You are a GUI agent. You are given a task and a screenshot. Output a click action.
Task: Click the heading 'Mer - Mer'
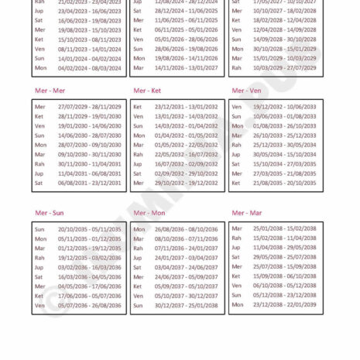pyautogui.click(x=50, y=90)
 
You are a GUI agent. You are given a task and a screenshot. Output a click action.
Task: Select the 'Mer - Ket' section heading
pyautogui.click(x=147, y=90)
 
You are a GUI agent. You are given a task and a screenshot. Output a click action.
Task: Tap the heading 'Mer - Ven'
pyautogui.click(x=245, y=90)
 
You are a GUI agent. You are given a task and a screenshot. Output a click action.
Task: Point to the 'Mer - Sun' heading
pyautogui.click(x=50, y=212)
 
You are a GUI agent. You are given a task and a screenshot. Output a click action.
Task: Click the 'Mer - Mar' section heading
pyautogui.click(x=246, y=212)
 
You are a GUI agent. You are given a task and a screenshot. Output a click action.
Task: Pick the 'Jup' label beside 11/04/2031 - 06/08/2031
pyautogui.click(x=39, y=173)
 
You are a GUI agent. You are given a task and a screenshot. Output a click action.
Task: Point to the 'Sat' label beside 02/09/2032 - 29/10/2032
pyautogui.click(x=137, y=173)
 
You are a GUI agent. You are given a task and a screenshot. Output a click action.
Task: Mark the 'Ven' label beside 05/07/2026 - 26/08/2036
pyautogui.click(x=39, y=305)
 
